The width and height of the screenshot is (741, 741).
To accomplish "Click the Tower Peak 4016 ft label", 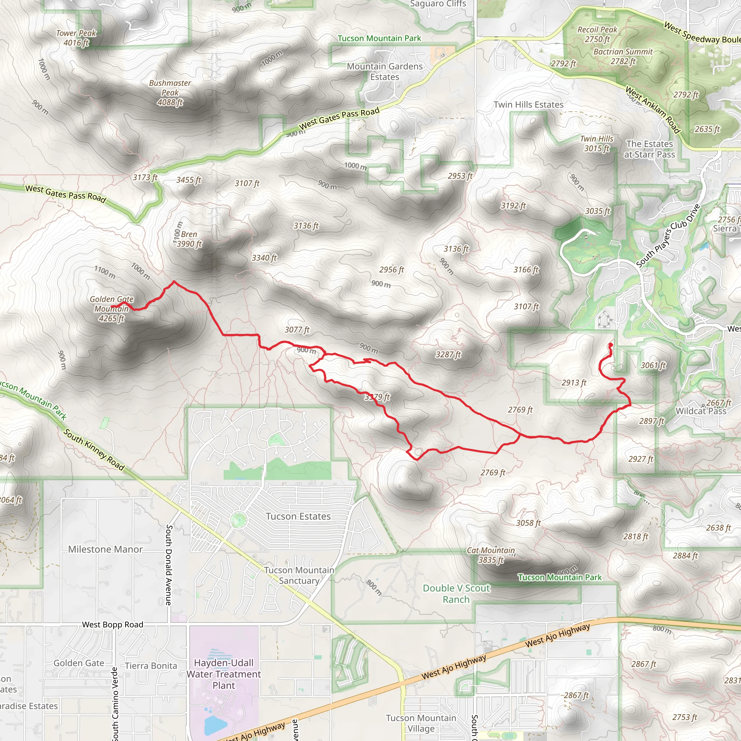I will click(76, 38).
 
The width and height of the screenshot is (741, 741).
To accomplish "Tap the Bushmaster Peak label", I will click(170, 92).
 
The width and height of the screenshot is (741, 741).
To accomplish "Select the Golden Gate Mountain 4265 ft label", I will click(111, 308).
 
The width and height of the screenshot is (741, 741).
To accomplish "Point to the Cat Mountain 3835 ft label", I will click(491, 555).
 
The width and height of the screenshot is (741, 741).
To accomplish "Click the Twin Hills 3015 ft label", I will click(596, 143).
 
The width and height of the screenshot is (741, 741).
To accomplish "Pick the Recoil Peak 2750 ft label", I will click(597, 34).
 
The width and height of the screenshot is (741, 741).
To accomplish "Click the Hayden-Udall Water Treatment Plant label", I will click(224, 674).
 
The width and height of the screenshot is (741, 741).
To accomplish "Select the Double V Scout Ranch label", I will click(456, 593).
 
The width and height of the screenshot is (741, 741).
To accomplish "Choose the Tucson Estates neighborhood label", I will click(298, 516).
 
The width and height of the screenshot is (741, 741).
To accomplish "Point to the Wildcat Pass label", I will click(701, 411).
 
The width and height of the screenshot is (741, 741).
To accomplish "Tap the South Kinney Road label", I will click(94, 449).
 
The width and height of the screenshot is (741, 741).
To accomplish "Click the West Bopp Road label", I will click(113, 624).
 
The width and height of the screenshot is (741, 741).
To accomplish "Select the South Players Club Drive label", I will click(668, 236).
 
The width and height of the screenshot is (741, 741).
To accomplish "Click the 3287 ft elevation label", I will click(448, 354).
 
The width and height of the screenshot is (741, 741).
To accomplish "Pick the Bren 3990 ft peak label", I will click(189, 239).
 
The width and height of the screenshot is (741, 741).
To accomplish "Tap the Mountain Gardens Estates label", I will click(384, 71).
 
